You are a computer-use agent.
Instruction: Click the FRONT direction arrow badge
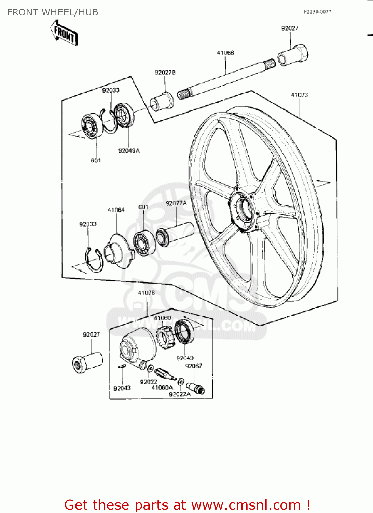tap(65, 33)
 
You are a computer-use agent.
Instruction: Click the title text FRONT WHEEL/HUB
tap(53, 12)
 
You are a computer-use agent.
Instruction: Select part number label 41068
tap(225, 53)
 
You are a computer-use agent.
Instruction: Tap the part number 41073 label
tap(299, 95)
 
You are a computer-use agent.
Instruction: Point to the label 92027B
tap(165, 73)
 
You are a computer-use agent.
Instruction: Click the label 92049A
tap(129, 150)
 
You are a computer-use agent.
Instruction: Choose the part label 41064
tap(116, 210)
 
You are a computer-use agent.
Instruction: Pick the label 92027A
tap(176, 203)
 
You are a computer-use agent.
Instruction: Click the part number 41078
tap(146, 293)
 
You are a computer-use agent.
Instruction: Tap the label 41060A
tap(162, 387)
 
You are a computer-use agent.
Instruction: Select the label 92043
tap(122, 388)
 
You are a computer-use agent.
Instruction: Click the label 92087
tap(194, 366)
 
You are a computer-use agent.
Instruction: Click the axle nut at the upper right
tap(293, 55)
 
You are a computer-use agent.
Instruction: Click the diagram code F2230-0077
tap(317, 12)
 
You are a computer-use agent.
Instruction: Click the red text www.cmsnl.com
tap(246, 505)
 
